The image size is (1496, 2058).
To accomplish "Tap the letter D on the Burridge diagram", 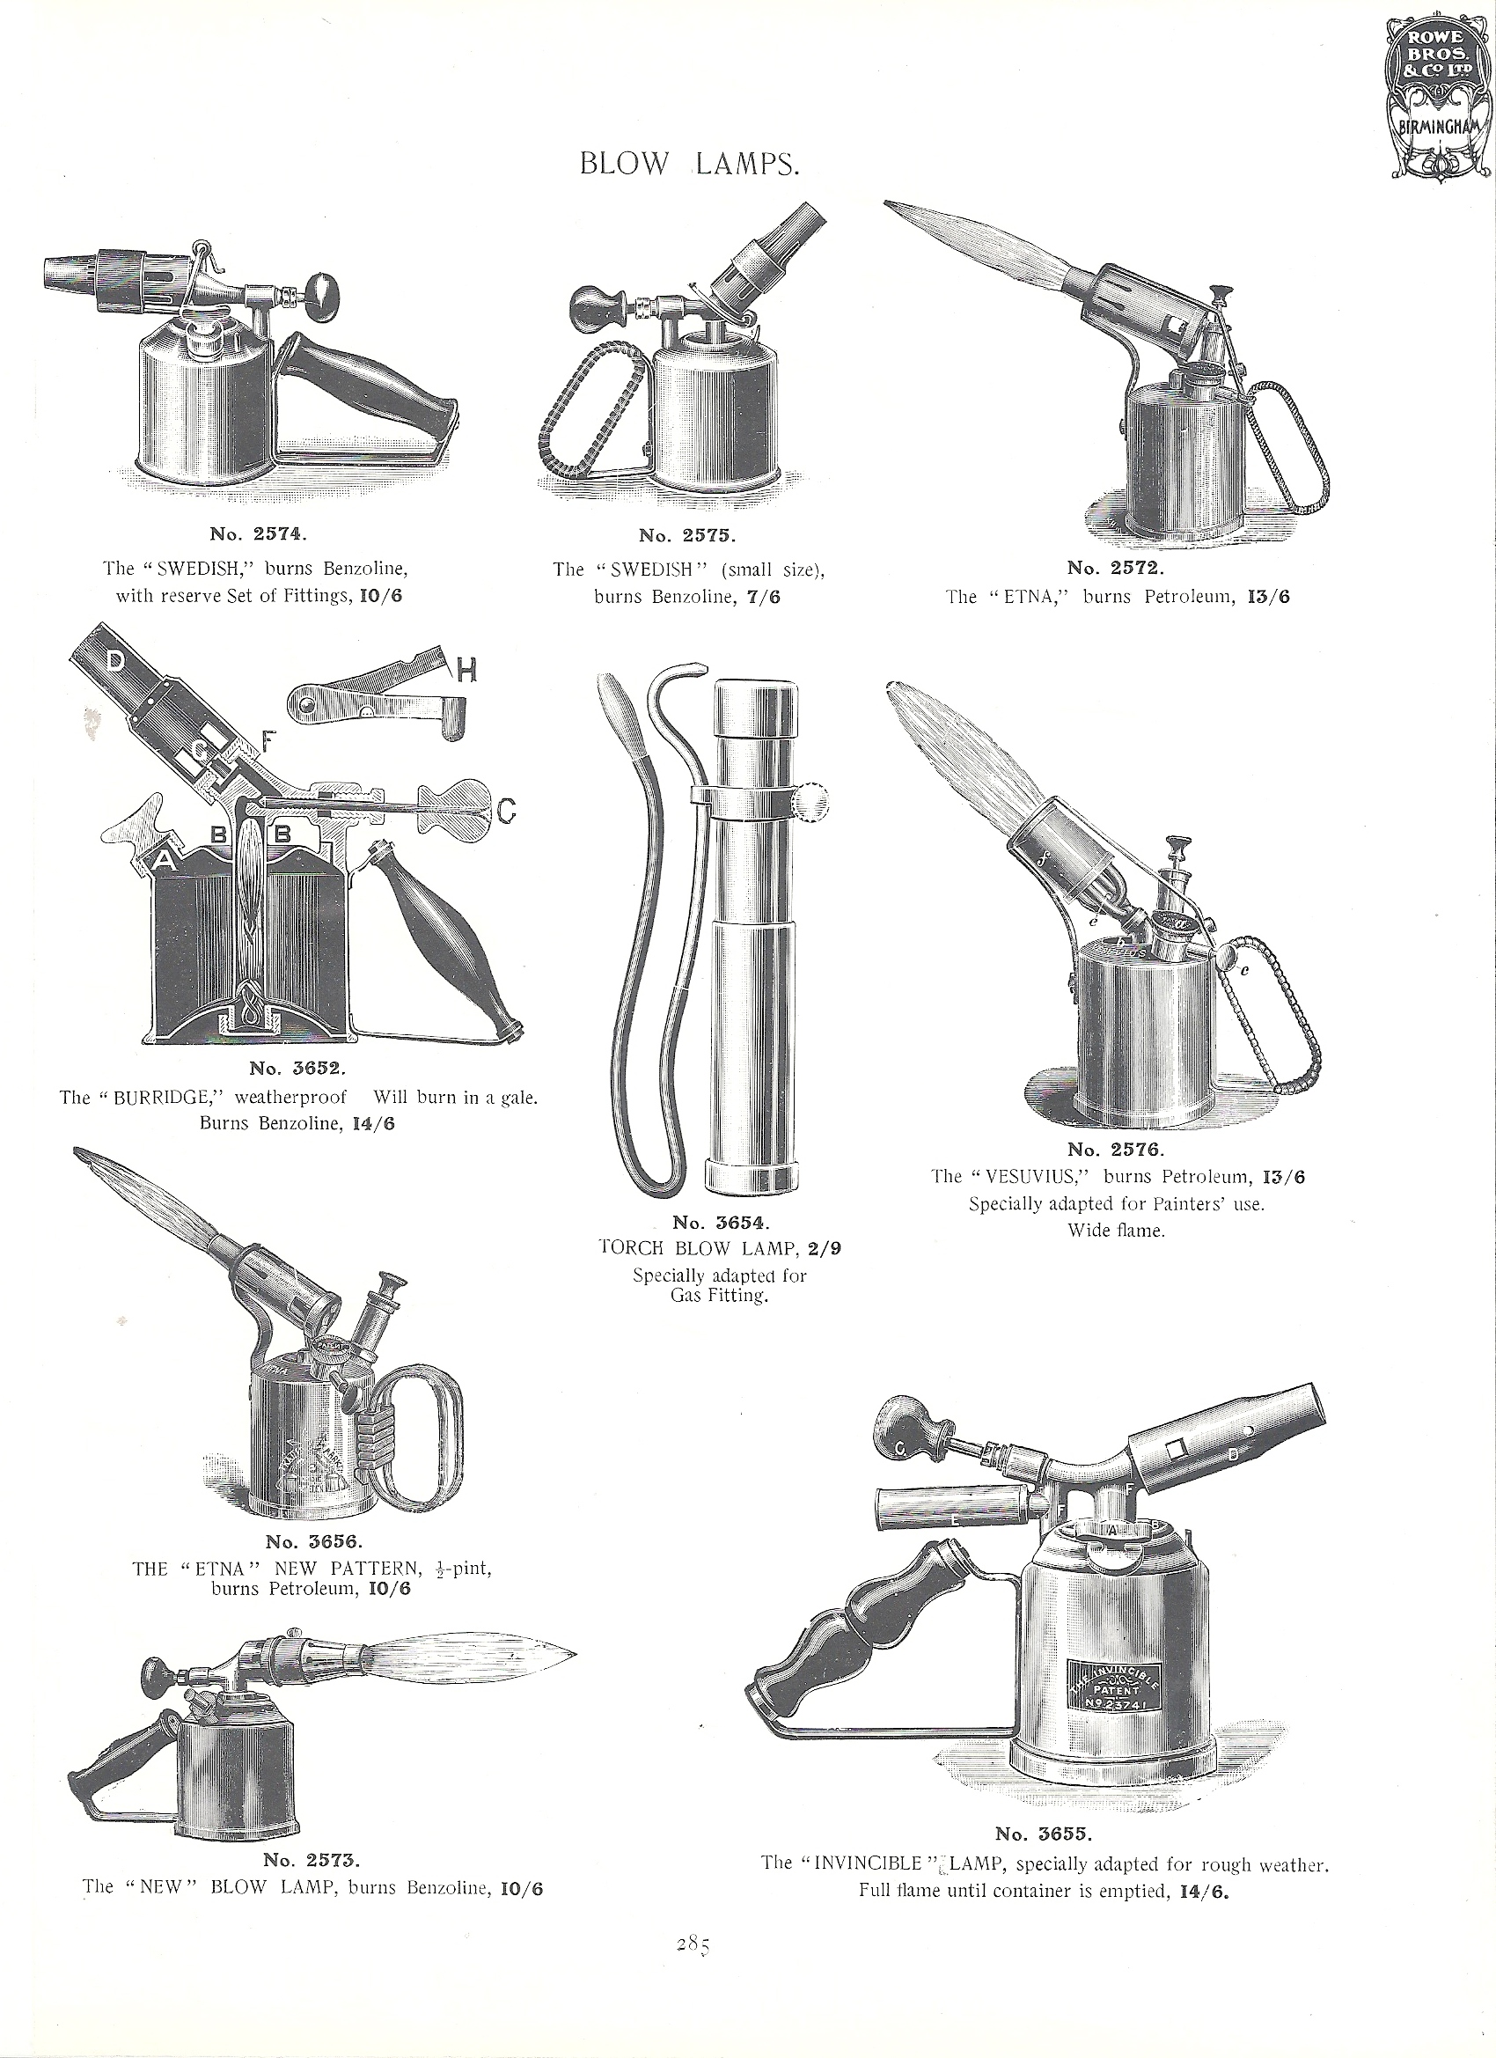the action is click(116, 664).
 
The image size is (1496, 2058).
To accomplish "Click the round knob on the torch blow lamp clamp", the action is click(812, 802).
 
